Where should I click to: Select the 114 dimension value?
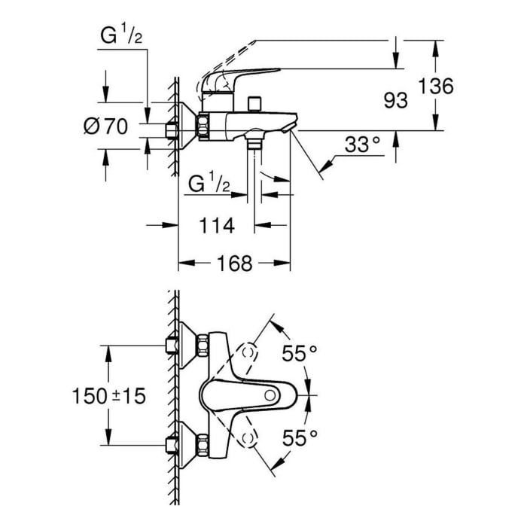[x=218, y=226]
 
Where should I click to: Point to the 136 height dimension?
[x=437, y=87]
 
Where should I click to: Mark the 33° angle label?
[x=363, y=145]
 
